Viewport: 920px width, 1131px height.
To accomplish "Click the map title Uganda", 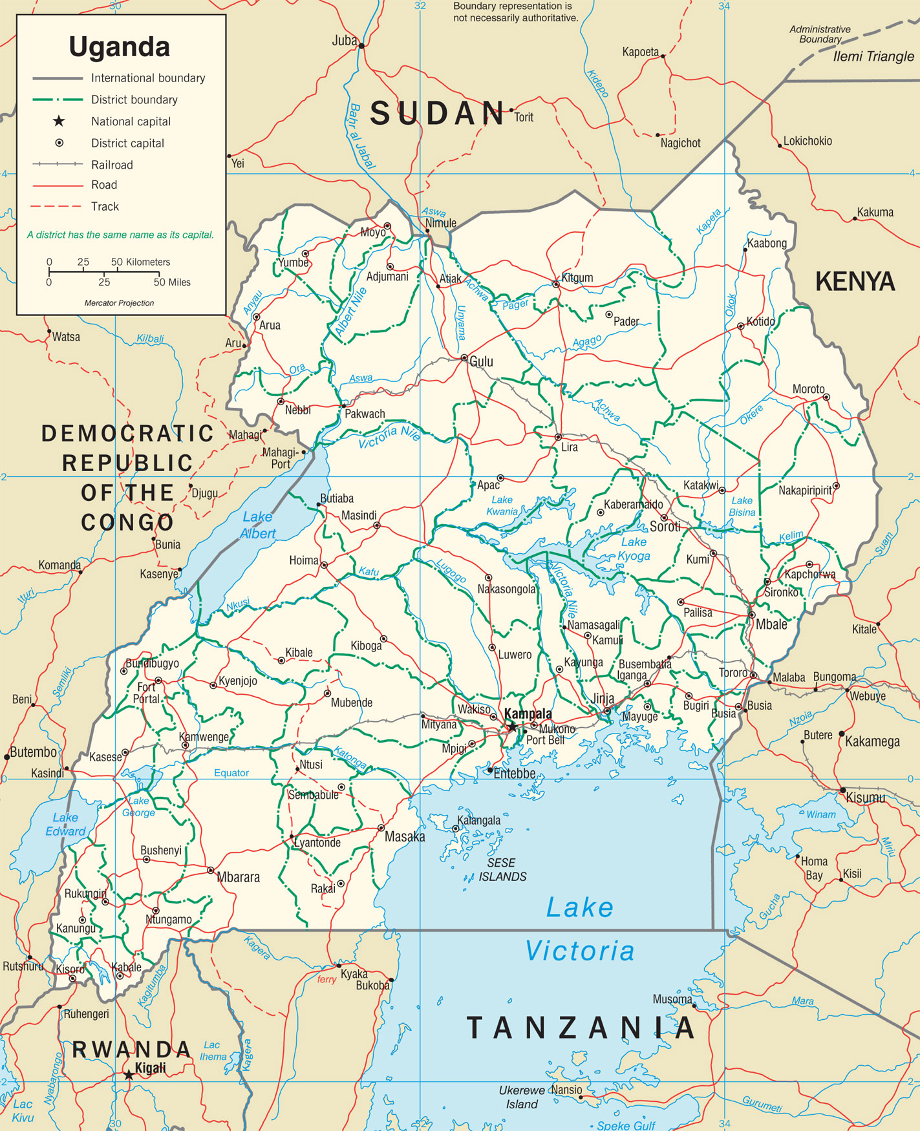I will tap(119, 47).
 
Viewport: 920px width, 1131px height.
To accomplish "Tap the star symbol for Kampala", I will tap(512, 727).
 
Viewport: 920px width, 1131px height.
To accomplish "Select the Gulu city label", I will tap(481, 362).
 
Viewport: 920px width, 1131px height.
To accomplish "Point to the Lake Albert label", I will tap(257, 525).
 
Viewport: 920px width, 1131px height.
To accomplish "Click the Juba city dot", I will tap(362, 46).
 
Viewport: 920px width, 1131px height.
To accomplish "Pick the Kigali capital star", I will tap(129, 1075).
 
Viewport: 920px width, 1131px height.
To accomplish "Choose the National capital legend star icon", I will tap(59, 121).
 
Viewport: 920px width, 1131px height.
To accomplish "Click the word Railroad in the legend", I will tap(112, 165).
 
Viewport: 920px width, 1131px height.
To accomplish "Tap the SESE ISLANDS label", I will tap(502, 870).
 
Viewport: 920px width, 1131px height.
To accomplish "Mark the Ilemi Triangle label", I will tap(873, 56).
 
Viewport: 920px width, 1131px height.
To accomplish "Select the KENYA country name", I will tap(855, 282).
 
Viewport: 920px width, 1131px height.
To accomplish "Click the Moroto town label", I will tap(808, 389).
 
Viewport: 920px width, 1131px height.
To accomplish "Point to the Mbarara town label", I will tap(238, 877).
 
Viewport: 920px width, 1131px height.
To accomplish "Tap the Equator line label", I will tap(231, 773).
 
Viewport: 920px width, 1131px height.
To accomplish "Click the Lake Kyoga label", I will tap(633, 549).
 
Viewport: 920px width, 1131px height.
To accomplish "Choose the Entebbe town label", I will tap(514, 774).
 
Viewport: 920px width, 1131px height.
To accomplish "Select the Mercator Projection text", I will tap(119, 302).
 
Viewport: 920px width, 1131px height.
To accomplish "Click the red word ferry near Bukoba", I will tap(326, 979).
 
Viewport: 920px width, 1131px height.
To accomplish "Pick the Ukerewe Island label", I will tap(521, 1097).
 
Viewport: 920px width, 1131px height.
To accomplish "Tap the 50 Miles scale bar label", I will tap(172, 282).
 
